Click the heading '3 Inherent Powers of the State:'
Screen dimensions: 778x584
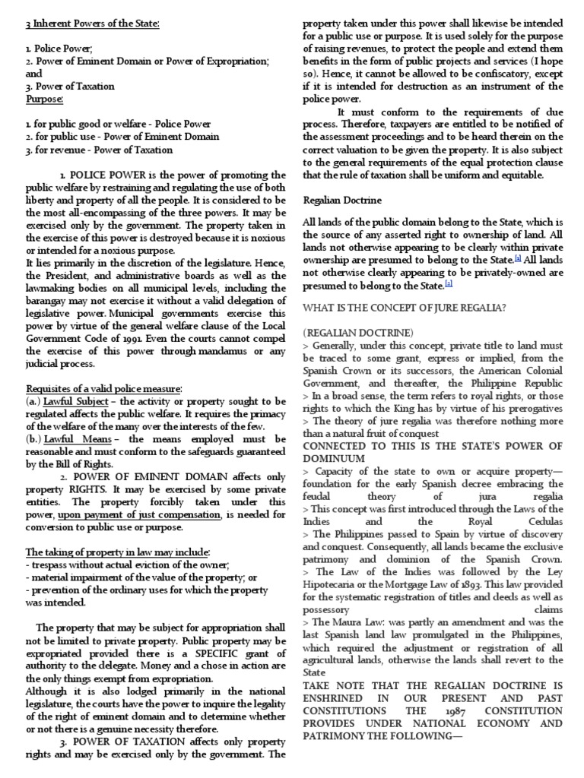pyautogui.click(x=93, y=25)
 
